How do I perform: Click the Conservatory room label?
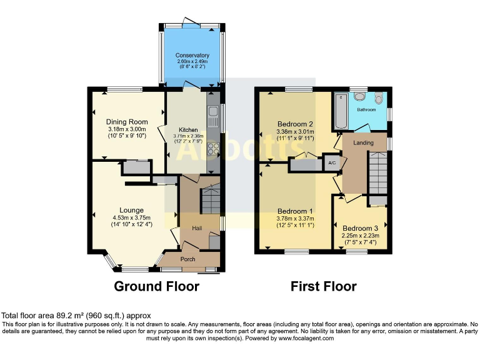coord(192,55)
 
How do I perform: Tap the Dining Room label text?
coord(127,122)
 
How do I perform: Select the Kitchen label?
coord(188,129)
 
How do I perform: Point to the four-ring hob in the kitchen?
coord(212,149)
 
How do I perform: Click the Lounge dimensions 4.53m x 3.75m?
coord(132,217)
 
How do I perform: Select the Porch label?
coord(187,259)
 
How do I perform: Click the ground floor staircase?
coord(210,201)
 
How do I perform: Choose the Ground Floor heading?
coord(156,287)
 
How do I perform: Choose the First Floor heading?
coord(324,287)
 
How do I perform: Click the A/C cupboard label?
coord(332,162)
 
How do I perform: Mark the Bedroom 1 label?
coord(295,211)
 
